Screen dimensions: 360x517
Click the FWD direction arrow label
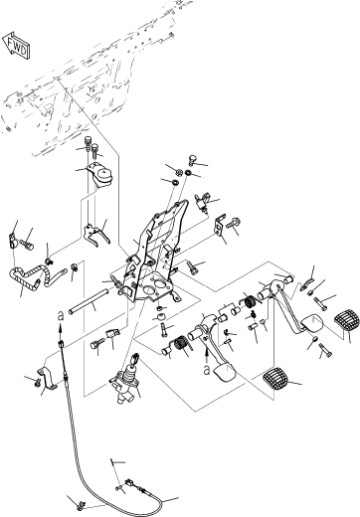click(x=17, y=46)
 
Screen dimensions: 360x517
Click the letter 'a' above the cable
click(x=60, y=317)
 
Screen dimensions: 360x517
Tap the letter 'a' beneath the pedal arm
click(x=207, y=370)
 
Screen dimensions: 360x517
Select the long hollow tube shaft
click(x=90, y=301)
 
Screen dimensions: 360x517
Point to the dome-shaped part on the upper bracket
click(x=103, y=175)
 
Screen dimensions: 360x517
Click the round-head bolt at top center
click(x=193, y=159)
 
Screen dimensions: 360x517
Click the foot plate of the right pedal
click(x=312, y=322)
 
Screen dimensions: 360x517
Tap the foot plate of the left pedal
click(x=224, y=373)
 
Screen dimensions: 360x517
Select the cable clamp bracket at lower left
click(x=47, y=378)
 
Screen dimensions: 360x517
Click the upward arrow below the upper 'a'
click(x=60, y=328)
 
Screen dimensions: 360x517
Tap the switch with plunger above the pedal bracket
click(x=202, y=201)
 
